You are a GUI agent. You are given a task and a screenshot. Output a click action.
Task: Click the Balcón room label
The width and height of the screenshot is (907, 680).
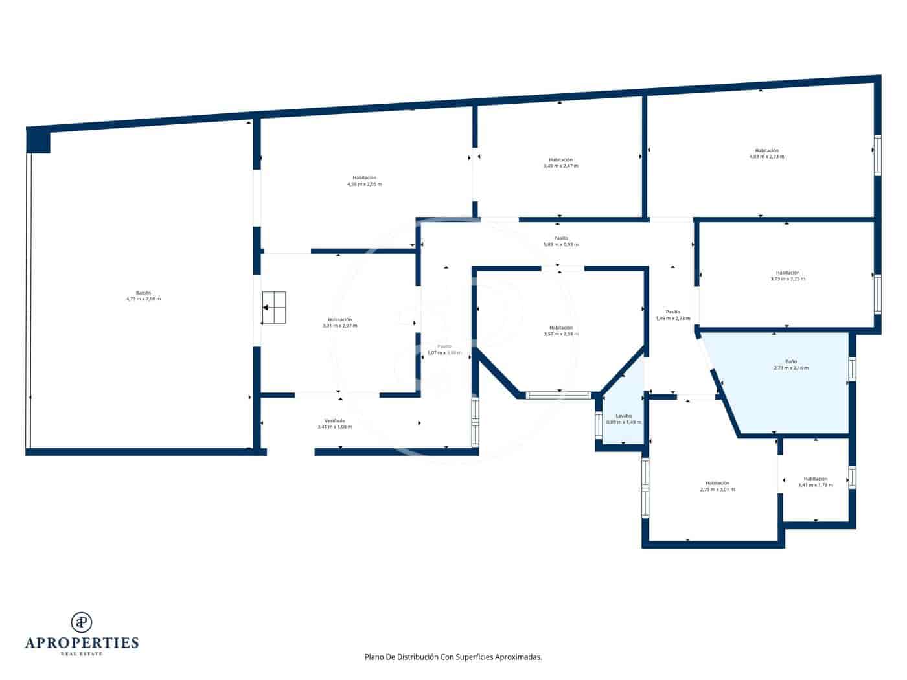tap(143, 293)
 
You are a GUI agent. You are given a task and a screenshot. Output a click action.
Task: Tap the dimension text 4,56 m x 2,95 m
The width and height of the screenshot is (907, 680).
tap(364, 185)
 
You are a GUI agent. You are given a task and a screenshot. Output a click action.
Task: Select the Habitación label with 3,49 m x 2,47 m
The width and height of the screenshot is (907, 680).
tap(560, 160)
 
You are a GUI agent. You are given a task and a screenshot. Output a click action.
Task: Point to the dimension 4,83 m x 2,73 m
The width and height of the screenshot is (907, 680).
tap(766, 157)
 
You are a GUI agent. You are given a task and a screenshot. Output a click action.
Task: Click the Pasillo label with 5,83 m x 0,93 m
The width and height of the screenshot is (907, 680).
tap(560, 238)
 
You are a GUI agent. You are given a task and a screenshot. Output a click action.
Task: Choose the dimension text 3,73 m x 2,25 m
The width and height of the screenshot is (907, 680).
tap(787, 279)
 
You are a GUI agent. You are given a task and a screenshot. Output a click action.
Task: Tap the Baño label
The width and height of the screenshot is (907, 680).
tap(790, 361)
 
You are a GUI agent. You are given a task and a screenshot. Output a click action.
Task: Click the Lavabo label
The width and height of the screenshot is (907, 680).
tap(623, 416)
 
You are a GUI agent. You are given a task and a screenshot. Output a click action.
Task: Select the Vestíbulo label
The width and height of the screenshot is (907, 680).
tap(334, 421)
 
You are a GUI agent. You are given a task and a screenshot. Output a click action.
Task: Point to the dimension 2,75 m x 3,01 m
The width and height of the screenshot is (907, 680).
tap(717, 490)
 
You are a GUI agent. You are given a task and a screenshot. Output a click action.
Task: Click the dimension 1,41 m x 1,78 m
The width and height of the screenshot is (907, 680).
tap(815, 485)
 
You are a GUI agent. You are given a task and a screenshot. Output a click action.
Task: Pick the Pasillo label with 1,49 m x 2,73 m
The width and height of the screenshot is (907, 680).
tap(672, 312)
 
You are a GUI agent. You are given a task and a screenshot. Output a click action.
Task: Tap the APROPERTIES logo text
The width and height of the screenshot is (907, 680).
tap(82, 643)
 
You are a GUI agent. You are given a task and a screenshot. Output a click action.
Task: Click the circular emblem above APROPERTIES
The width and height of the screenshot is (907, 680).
tap(82, 622)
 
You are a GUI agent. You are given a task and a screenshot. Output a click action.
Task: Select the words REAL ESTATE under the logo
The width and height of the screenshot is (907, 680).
tap(82, 654)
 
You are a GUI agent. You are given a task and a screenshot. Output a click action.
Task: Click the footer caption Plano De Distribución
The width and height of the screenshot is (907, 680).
tap(453, 657)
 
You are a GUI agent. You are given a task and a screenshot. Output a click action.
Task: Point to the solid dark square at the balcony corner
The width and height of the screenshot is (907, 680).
tap(38, 141)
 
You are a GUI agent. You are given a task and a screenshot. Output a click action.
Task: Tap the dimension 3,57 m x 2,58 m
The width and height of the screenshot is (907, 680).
tap(560, 334)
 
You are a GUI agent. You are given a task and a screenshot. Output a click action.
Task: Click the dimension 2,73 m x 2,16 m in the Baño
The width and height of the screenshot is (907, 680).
tap(790, 368)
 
